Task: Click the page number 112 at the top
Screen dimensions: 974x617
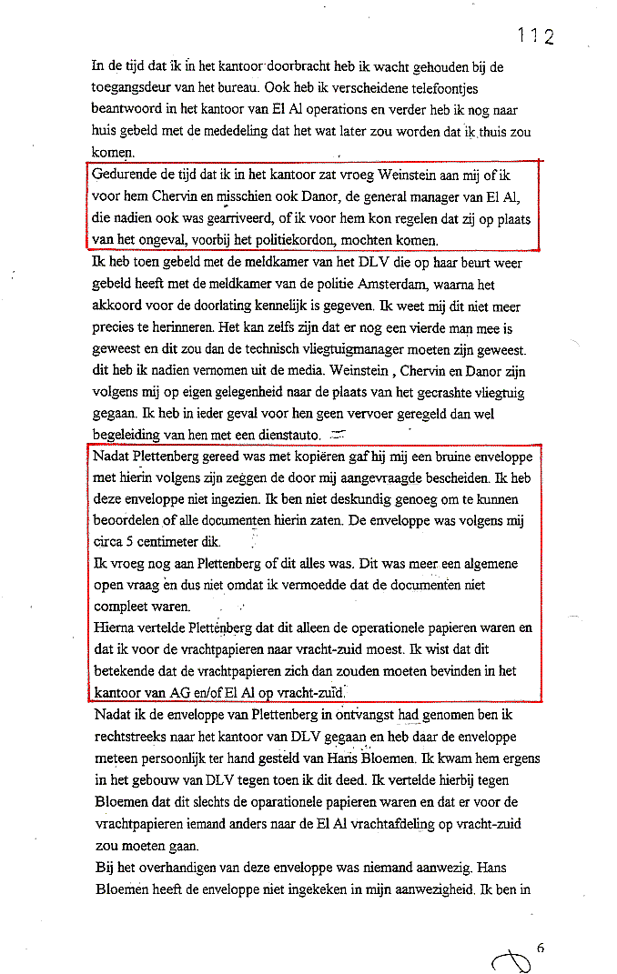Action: pos(536,35)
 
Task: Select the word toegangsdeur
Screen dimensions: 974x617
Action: pos(136,89)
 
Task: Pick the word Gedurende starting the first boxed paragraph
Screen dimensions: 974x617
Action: pos(126,173)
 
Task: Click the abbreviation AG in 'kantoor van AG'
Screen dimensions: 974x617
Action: pos(181,693)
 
